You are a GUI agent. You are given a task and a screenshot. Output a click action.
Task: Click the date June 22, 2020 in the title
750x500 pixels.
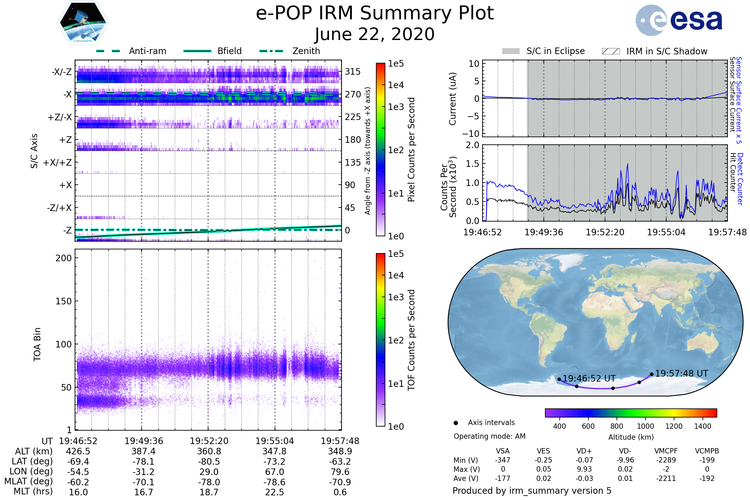pyautogui.click(x=375, y=34)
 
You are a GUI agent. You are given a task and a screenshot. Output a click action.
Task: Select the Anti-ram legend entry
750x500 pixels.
pyautogui.click(x=147, y=51)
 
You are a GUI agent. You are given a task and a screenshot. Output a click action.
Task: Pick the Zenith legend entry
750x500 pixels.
pyautogui.click(x=306, y=51)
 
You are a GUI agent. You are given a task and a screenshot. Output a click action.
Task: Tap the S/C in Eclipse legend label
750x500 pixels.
pyautogui.click(x=556, y=51)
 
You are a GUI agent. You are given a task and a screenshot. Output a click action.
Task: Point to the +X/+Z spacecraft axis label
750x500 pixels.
pyautogui.click(x=57, y=162)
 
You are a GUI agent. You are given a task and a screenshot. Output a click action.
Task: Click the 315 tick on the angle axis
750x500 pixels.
pyautogui.click(x=353, y=72)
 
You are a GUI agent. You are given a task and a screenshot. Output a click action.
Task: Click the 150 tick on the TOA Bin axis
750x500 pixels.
pyautogui.click(x=63, y=301)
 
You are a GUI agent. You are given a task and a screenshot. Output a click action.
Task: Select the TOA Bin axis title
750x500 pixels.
pyautogui.click(x=37, y=344)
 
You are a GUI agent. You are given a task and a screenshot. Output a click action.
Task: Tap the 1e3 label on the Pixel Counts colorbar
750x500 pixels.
pyautogui.click(x=396, y=107)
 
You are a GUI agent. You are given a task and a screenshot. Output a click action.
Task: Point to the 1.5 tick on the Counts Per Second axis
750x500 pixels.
pyautogui.click(x=472, y=164)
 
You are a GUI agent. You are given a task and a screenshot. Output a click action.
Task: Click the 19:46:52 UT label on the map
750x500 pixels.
pyautogui.click(x=589, y=378)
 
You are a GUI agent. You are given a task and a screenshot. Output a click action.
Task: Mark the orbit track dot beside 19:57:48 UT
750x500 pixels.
pyautogui.click(x=652, y=374)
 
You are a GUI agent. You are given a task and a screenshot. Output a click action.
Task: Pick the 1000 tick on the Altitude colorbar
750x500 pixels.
pyautogui.click(x=645, y=426)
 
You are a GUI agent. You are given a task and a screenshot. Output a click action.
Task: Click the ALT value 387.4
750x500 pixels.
pyautogui.click(x=143, y=451)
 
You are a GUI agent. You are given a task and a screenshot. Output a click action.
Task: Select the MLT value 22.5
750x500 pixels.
pyautogui.click(x=275, y=492)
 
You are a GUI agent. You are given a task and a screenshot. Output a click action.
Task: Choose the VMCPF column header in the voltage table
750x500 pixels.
pyautogui.click(x=666, y=451)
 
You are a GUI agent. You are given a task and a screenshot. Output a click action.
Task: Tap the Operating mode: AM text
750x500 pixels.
pyautogui.click(x=489, y=436)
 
